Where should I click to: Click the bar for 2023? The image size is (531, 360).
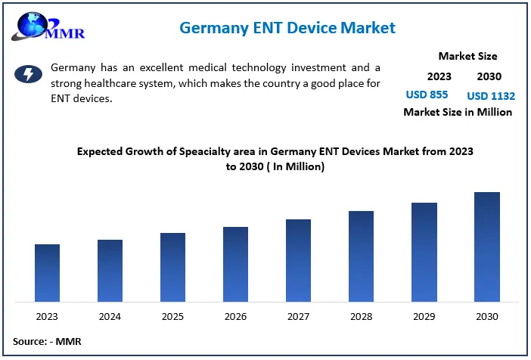tap(47, 273)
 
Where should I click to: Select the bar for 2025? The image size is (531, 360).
tap(172, 267)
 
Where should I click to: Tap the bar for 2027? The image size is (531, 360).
tap(298, 260)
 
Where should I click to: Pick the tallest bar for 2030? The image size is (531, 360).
tap(487, 247)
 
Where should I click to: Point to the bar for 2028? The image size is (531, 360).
tap(361, 256)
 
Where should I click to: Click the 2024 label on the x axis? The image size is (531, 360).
tap(110, 316)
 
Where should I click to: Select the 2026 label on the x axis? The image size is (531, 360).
tap(235, 316)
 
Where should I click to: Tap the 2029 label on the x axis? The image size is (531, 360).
tap(424, 316)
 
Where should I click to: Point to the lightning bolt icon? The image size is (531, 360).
tap(29, 73)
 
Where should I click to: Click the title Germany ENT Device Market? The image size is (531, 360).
tap(287, 28)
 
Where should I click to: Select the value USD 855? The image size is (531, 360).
tap(427, 95)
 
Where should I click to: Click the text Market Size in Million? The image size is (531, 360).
tap(458, 112)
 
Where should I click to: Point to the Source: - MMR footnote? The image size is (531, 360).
tap(47, 341)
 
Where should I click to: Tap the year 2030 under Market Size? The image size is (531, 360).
tap(489, 76)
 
